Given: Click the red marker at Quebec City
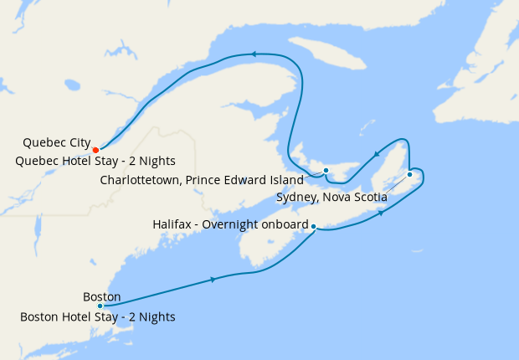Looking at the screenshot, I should tap(96, 150).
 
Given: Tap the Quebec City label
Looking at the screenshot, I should tap(57, 142).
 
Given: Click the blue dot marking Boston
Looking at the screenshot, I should tap(100, 306).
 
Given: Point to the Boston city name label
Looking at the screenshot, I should tap(102, 296).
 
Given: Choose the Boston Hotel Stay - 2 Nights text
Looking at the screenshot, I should tap(98, 317).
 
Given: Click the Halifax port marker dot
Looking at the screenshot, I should tap(313, 226).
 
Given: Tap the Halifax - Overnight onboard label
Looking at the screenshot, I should tap(231, 225).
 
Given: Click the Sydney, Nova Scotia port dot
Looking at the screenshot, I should tap(409, 174).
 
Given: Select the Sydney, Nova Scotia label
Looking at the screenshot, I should tap(331, 198).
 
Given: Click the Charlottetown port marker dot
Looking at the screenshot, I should tap(326, 172).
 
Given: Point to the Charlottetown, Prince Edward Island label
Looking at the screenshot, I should tap(200, 179).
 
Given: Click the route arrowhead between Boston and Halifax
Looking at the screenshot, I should tap(213, 279).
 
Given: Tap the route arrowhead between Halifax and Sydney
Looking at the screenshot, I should tap(382, 213).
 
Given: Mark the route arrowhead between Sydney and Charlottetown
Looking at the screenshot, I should tap(378, 153).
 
